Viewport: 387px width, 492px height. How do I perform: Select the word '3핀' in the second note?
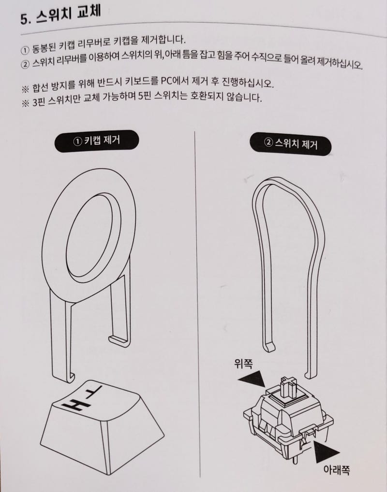(40, 103)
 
